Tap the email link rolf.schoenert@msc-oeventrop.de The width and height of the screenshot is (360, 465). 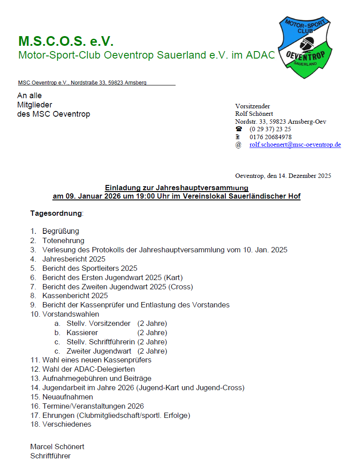[295, 144]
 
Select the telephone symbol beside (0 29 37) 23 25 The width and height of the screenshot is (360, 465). [239, 129]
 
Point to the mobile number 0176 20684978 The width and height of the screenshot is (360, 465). [270, 137]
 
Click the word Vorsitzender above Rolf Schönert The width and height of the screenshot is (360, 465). [253, 106]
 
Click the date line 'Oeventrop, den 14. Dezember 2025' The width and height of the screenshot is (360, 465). [283, 176]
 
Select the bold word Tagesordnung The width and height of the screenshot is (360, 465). [56, 213]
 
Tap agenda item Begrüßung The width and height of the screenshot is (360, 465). [61, 231]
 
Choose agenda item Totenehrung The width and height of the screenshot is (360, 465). [63, 240]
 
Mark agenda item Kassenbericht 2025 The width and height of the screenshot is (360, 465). [75, 296]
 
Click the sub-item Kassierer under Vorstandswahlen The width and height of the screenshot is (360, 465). [82, 332]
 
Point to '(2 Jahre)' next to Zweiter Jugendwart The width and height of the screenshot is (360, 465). [152, 351]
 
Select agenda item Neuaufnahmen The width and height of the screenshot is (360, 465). [68, 397]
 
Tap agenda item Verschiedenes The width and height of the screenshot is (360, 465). [67, 424]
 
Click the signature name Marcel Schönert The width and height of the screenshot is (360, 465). [57, 447]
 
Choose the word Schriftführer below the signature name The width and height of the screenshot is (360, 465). [50, 456]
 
